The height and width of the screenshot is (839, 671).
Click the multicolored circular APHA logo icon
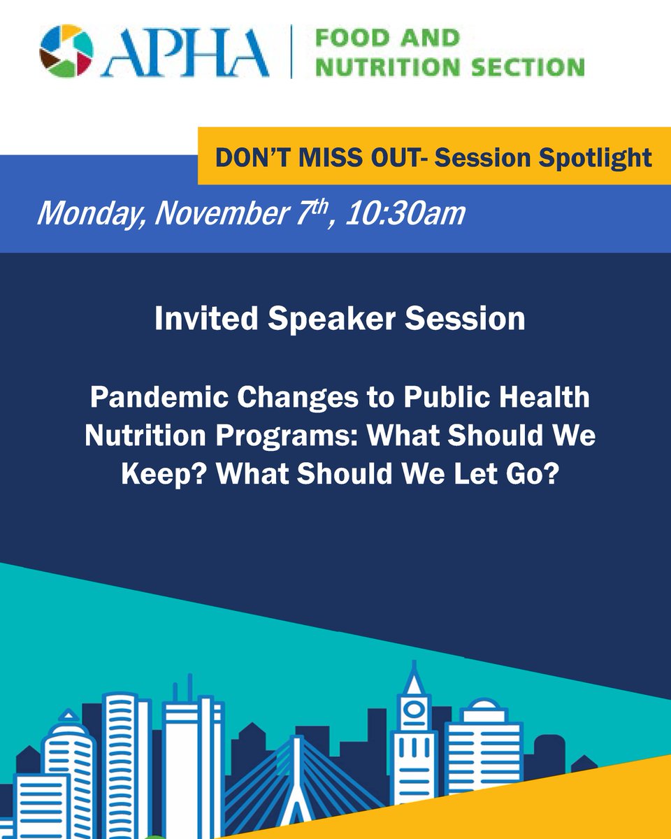[66, 52]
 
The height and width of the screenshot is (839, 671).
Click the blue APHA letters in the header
[185, 53]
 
